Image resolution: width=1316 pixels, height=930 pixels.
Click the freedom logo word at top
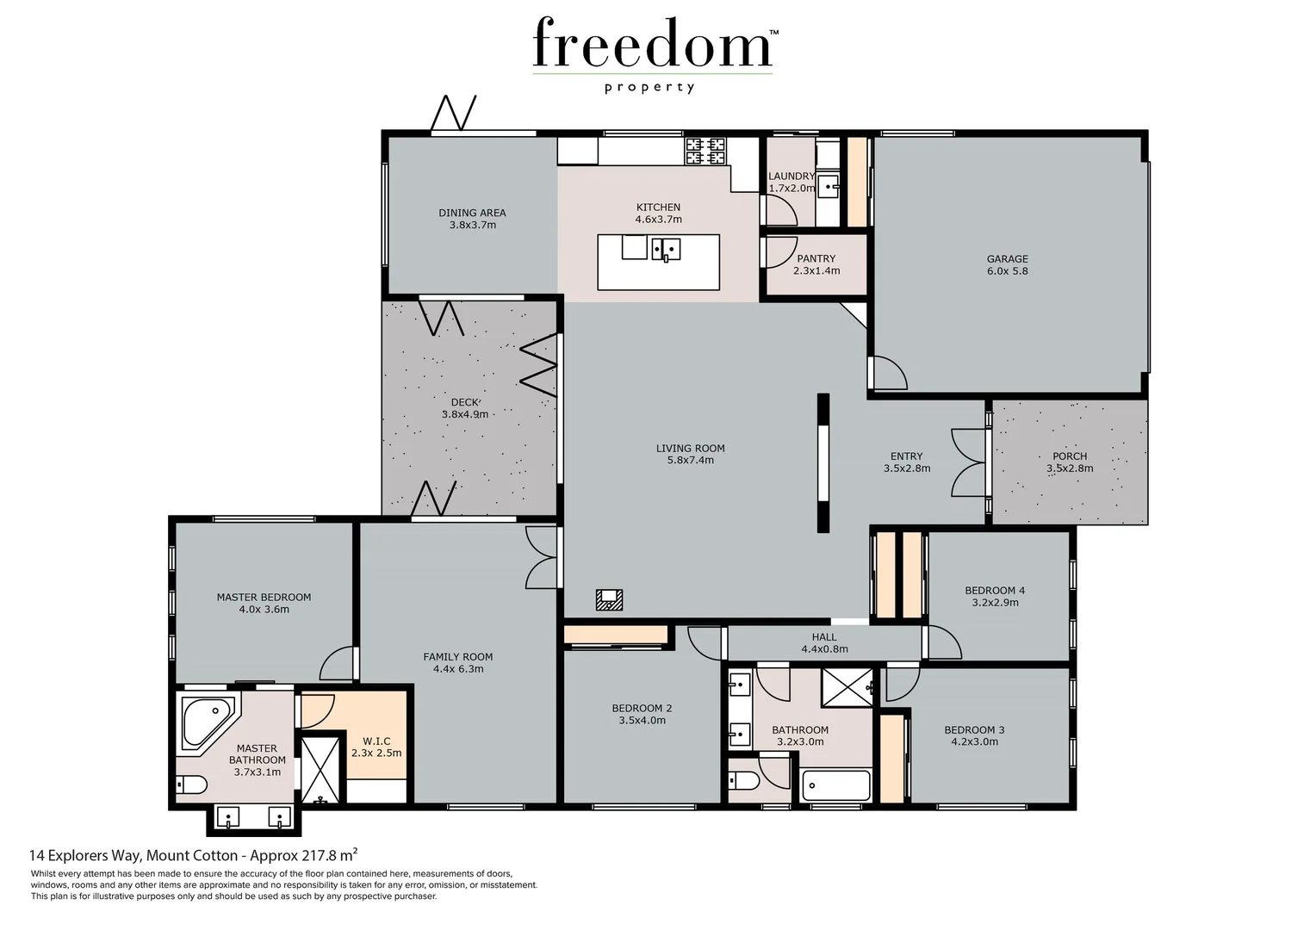[x=652, y=45]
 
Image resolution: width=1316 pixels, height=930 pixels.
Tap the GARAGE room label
[x=1007, y=258]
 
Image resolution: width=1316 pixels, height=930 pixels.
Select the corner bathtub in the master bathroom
[x=205, y=722]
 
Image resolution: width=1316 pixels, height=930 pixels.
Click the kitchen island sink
[x=665, y=249]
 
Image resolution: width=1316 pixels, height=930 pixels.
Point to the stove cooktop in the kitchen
[x=705, y=152]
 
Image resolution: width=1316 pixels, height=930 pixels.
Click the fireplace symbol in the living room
[x=610, y=598]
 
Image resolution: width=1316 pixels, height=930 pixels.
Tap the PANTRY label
[x=816, y=258]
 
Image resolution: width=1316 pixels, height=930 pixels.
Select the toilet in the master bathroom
[x=190, y=784]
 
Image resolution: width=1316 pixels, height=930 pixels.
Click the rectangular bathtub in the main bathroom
[x=835, y=785]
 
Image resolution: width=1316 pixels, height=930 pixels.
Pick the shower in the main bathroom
[x=846, y=686]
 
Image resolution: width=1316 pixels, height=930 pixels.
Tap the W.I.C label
[x=376, y=741]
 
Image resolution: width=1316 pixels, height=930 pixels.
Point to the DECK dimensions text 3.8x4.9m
[x=465, y=414]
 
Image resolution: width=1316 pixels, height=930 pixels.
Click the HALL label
[x=824, y=637]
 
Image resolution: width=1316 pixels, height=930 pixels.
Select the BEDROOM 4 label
[x=995, y=591]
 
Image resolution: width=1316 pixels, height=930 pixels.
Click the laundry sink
[x=829, y=185]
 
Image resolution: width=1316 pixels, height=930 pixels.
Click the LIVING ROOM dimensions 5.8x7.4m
[x=690, y=461]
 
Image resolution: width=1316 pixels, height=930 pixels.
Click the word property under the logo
[x=649, y=87]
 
